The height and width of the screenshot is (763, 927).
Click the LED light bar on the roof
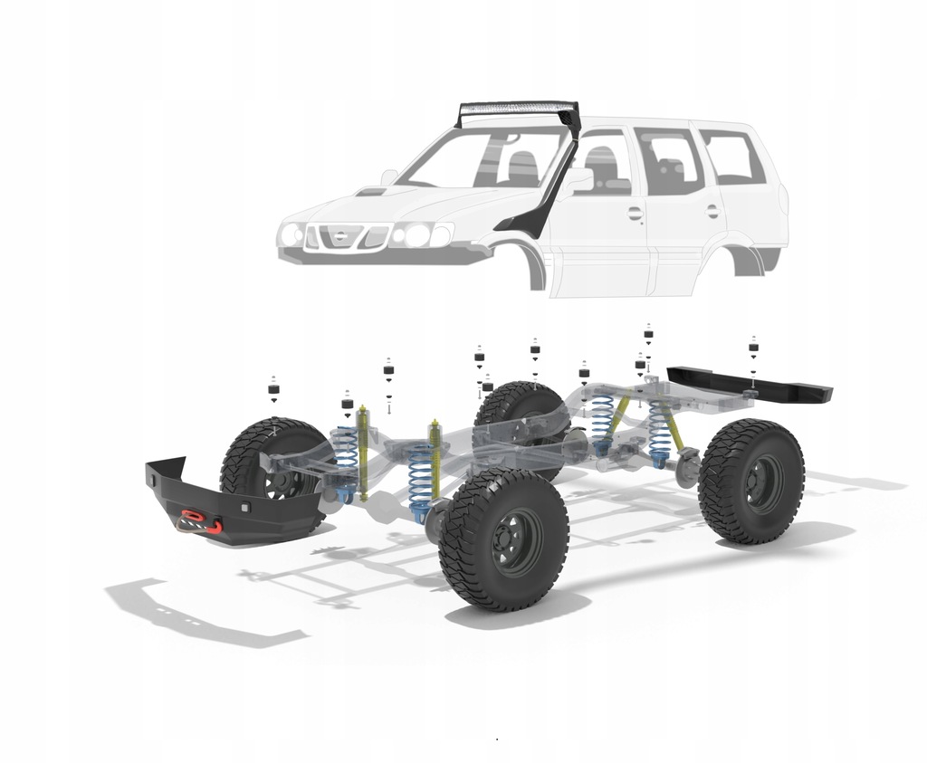(x=519, y=113)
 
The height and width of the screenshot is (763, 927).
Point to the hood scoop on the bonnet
(x=371, y=192)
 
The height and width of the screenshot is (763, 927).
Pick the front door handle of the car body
(x=635, y=214)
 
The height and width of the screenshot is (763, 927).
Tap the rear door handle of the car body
(x=712, y=211)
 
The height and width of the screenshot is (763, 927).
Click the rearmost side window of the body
(x=732, y=157)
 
